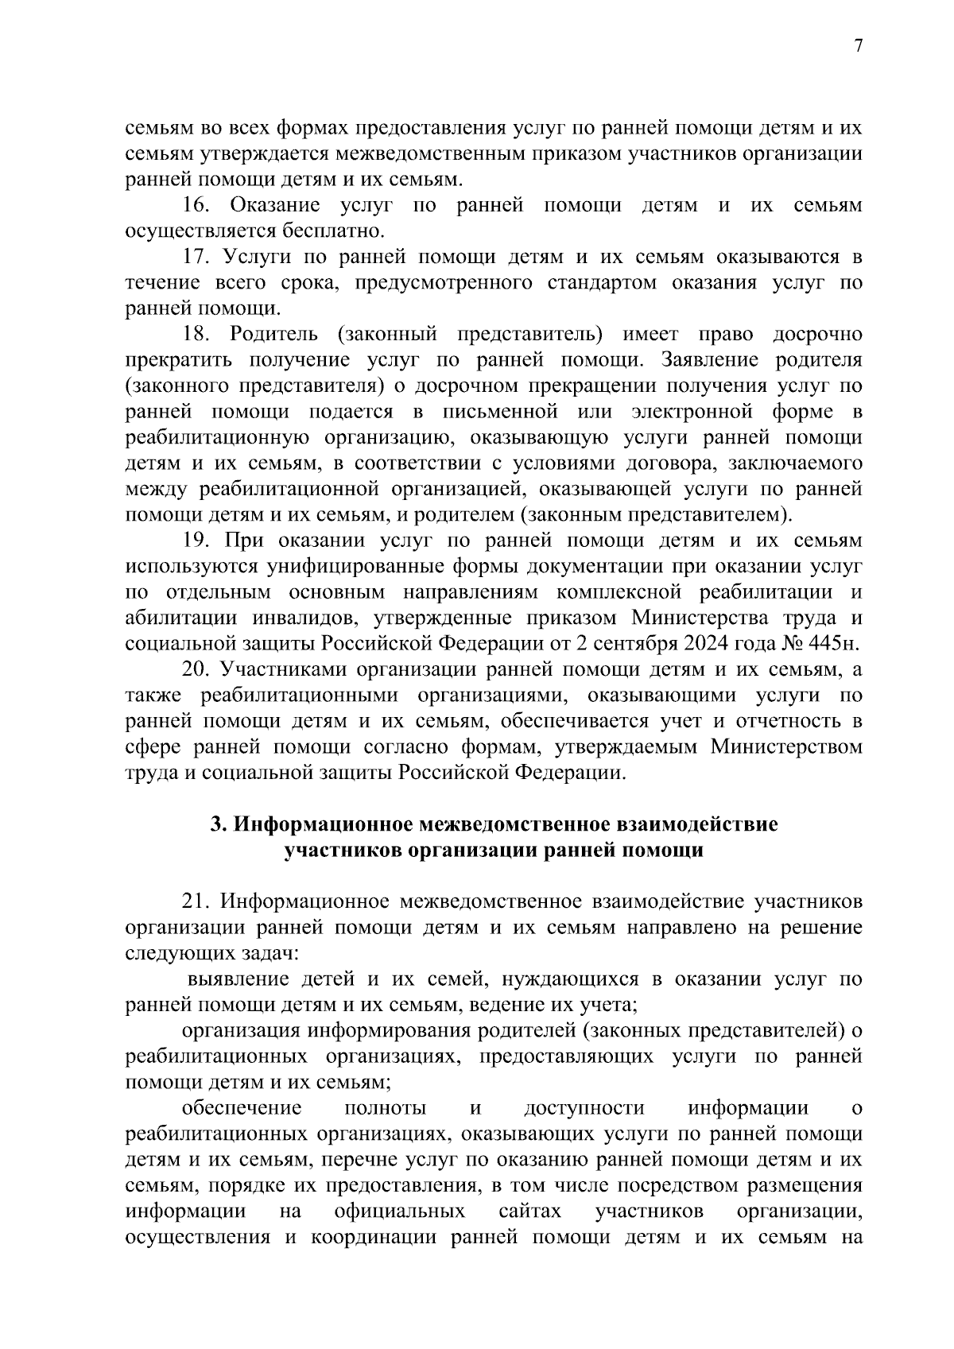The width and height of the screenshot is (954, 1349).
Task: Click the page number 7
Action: pos(858,46)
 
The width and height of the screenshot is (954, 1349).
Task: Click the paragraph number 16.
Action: pos(196,206)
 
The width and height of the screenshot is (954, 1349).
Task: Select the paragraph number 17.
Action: pos(196,257)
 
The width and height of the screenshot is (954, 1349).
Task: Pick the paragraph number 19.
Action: pos(196,541)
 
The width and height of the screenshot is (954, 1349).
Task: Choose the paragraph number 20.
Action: pos(196,669)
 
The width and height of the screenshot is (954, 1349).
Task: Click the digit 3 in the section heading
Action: pos(215,824)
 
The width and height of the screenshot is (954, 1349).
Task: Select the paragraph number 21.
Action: pos(196,901)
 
